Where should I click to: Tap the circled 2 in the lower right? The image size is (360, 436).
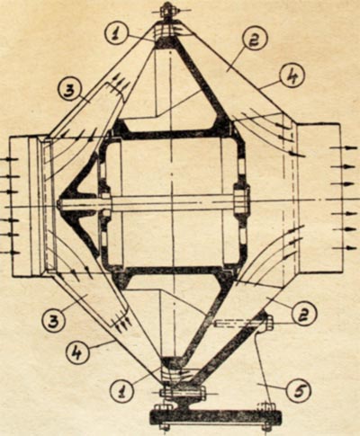[303, 315]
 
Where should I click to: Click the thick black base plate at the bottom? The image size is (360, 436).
[215, 416]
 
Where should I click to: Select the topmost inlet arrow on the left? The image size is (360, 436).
[8, 159]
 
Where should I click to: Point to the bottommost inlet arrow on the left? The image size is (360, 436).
[10, 253]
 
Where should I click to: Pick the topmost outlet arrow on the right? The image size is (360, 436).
[341, 147]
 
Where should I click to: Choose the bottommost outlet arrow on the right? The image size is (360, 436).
[343, 248]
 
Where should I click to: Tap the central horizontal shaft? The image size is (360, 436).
[168, 203]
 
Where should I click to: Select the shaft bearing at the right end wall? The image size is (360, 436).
[241, 202]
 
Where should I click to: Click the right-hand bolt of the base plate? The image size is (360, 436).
[267, 415]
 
